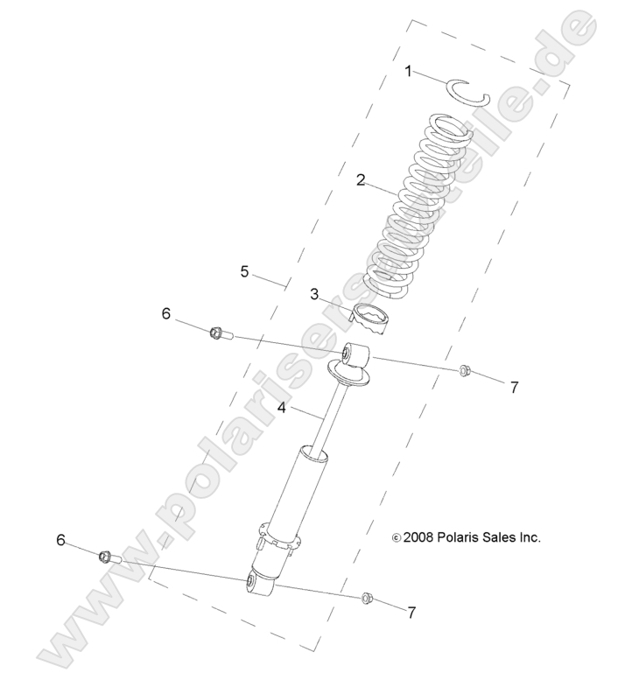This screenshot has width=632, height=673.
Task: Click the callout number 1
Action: coord(408,71)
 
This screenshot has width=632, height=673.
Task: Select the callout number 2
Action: coord(361,179)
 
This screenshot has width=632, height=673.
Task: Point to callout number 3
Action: coord(314,294)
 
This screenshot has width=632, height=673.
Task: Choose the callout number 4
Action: coord(282,407)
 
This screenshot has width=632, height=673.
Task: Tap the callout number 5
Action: coord(244,271)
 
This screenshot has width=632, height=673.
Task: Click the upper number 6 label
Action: coord(166,314)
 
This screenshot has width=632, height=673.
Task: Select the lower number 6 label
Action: coord(61,539)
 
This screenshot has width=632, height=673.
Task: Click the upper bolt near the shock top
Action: coord(221,333)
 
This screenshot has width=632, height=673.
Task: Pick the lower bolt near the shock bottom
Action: coord(111,558)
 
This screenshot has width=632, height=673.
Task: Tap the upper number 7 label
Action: coord(515,387)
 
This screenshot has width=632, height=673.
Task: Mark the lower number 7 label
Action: coord(411,613)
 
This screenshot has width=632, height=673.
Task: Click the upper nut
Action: coord(465,370)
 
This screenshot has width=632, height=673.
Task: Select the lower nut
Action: coord(367,598)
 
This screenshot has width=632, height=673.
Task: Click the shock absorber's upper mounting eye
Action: coord(356,354)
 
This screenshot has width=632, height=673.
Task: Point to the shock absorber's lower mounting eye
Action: coord(260,583)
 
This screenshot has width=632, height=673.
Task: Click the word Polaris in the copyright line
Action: coord(459,537)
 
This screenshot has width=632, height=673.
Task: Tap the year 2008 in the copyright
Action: coord(418,537)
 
